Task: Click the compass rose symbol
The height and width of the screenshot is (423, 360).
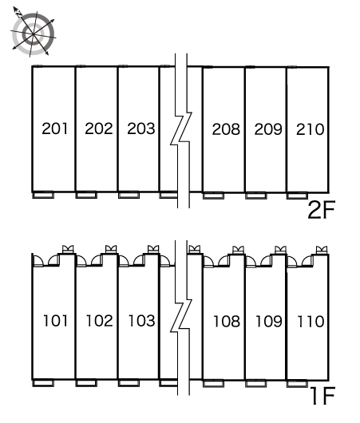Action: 33,34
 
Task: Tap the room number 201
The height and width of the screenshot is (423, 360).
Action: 54,128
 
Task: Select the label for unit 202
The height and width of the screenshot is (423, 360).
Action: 98,128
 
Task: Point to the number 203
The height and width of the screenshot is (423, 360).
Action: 140,128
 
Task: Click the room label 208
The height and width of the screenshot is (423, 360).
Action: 226,129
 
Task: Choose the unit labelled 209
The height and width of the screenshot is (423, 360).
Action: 268,129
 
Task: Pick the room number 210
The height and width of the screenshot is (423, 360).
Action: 310,129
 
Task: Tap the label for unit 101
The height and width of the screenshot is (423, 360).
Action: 55,321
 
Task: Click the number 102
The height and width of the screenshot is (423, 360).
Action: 99,321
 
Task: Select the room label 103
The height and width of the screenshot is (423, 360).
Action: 141,321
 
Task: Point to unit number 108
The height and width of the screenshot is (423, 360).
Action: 227,322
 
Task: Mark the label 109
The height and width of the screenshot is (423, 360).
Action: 268,322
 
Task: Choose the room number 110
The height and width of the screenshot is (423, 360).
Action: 311,322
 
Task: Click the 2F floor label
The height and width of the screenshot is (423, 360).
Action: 321,210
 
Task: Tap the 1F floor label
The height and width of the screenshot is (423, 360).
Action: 322,395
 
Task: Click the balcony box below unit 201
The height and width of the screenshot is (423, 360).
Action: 43,195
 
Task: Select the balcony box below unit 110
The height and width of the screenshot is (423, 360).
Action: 297,383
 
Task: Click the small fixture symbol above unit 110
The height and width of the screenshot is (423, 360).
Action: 322,250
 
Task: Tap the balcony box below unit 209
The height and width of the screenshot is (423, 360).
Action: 256,196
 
